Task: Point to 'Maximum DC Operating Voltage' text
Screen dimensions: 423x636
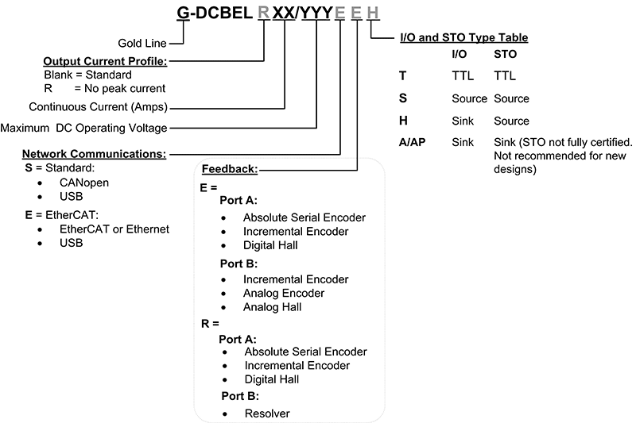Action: pyautogui.click(x=83, y=127)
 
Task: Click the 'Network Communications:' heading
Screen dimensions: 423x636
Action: pyautogui.click(x=94, y=152)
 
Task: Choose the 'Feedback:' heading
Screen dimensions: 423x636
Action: pyautogui.click(x=230, y=169)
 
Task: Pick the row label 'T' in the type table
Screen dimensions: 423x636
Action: pyautogui.click(x=402, y=76)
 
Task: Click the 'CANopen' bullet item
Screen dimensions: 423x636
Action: pyautogui.click(x=83, y=183)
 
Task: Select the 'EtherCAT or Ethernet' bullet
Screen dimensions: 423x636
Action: pyautogui.click(x=114, y=229)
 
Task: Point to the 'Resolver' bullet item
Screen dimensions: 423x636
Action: pyautogui.click(x=267, y=413)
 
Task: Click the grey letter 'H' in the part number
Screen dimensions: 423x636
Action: pyautogui.click(x=374, y=13)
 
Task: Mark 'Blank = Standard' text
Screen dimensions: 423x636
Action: pyautogui.click(x=88, y=75)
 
